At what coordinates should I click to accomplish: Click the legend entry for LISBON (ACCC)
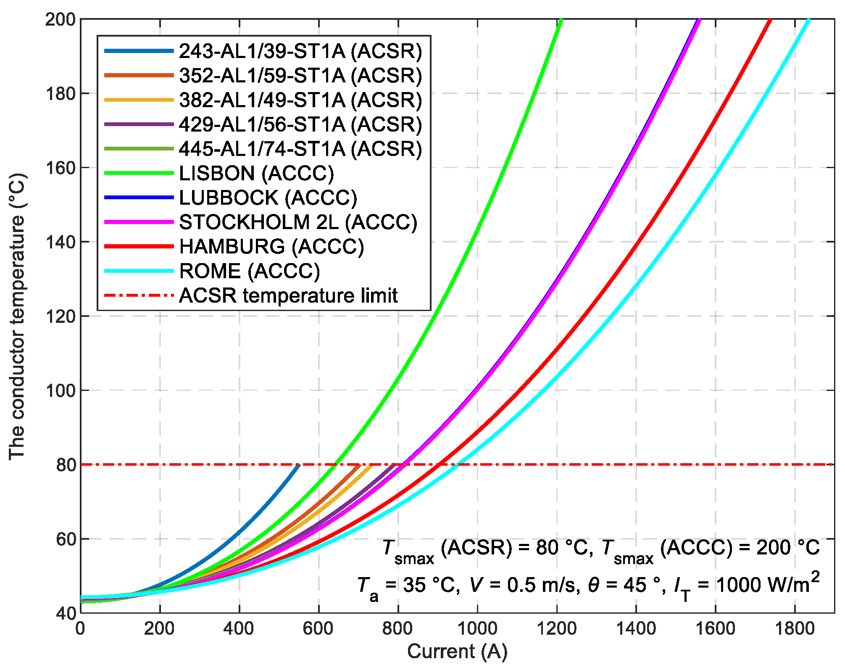256,173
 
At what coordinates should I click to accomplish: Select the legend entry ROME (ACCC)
249,271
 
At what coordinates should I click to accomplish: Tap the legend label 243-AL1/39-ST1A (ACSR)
300,51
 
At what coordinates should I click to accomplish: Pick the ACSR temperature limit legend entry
288,295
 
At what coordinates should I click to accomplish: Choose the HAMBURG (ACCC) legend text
271,247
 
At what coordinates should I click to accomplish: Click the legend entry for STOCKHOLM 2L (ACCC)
298,222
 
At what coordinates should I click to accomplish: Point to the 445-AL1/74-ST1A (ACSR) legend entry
300,149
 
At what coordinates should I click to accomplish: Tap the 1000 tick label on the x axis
477,629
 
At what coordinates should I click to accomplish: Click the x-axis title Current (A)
457,651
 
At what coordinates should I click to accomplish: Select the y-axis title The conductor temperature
18,316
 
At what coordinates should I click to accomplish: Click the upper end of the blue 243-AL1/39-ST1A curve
299,465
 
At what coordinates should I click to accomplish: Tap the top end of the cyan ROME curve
808,20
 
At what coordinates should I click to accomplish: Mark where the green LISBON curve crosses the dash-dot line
335,464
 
